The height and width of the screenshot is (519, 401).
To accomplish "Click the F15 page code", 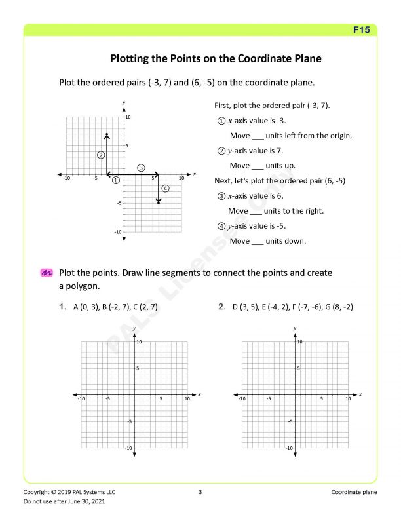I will [x=362, y=30].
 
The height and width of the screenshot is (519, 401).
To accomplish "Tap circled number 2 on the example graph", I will [x=101, y=155].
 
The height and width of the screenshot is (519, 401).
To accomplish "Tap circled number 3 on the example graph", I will [x=142, y=168].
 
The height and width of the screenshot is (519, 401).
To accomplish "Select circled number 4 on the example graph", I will [x=165, y=189].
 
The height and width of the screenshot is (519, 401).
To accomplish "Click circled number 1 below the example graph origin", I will [x=116, y=180].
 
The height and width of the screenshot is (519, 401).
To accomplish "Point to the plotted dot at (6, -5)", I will [x=159, y=203].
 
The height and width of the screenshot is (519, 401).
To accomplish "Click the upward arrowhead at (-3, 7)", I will [x=107, y=136].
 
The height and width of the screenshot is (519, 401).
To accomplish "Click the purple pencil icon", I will [x=46, y=273].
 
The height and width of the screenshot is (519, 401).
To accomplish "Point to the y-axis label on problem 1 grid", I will [x=134, y=328].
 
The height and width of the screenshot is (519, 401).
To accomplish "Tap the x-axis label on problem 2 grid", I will [x=360, y=394].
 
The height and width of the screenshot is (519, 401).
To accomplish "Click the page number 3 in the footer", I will [x=200, y=492].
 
